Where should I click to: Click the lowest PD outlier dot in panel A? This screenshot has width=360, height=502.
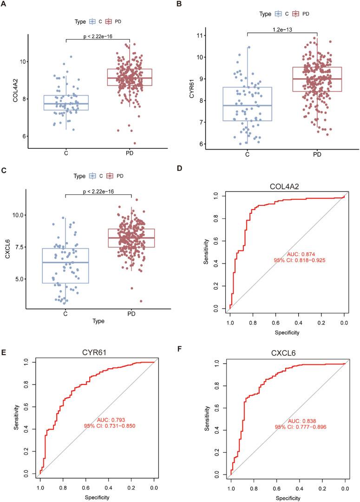[135, 143]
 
